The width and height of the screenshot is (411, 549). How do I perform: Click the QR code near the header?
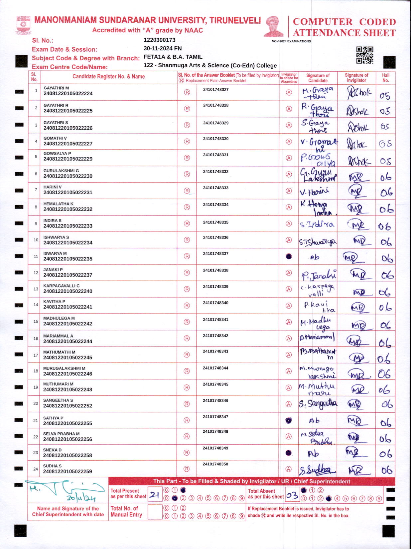pos(364,55)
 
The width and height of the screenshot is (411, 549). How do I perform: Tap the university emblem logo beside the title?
pos(23,25)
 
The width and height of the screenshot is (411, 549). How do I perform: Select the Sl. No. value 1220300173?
pos(159,40)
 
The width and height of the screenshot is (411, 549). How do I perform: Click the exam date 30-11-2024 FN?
pos(163,48)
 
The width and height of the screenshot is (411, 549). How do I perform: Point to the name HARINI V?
pos(53,187)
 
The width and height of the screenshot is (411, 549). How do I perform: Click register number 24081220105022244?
pos(68,341)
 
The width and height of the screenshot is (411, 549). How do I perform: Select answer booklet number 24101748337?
pos(215,254)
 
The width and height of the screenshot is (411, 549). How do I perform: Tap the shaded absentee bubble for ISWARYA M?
pos(289,257)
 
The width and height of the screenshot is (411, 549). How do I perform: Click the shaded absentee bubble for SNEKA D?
pos(289,453)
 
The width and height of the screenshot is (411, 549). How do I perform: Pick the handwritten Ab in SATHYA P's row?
pos(314,421)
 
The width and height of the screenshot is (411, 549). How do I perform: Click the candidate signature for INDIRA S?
pos(317,224)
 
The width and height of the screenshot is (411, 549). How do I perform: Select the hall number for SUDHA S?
pos(386,470)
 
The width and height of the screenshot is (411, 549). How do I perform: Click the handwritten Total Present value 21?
pos(154,495)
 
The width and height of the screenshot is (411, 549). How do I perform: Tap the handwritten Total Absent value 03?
pos(292,495)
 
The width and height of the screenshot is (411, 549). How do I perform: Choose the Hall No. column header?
pos(385,78)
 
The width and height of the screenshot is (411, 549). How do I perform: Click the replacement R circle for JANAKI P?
pos(187,273)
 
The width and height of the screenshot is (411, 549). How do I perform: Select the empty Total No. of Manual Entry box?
pos(155,512)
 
